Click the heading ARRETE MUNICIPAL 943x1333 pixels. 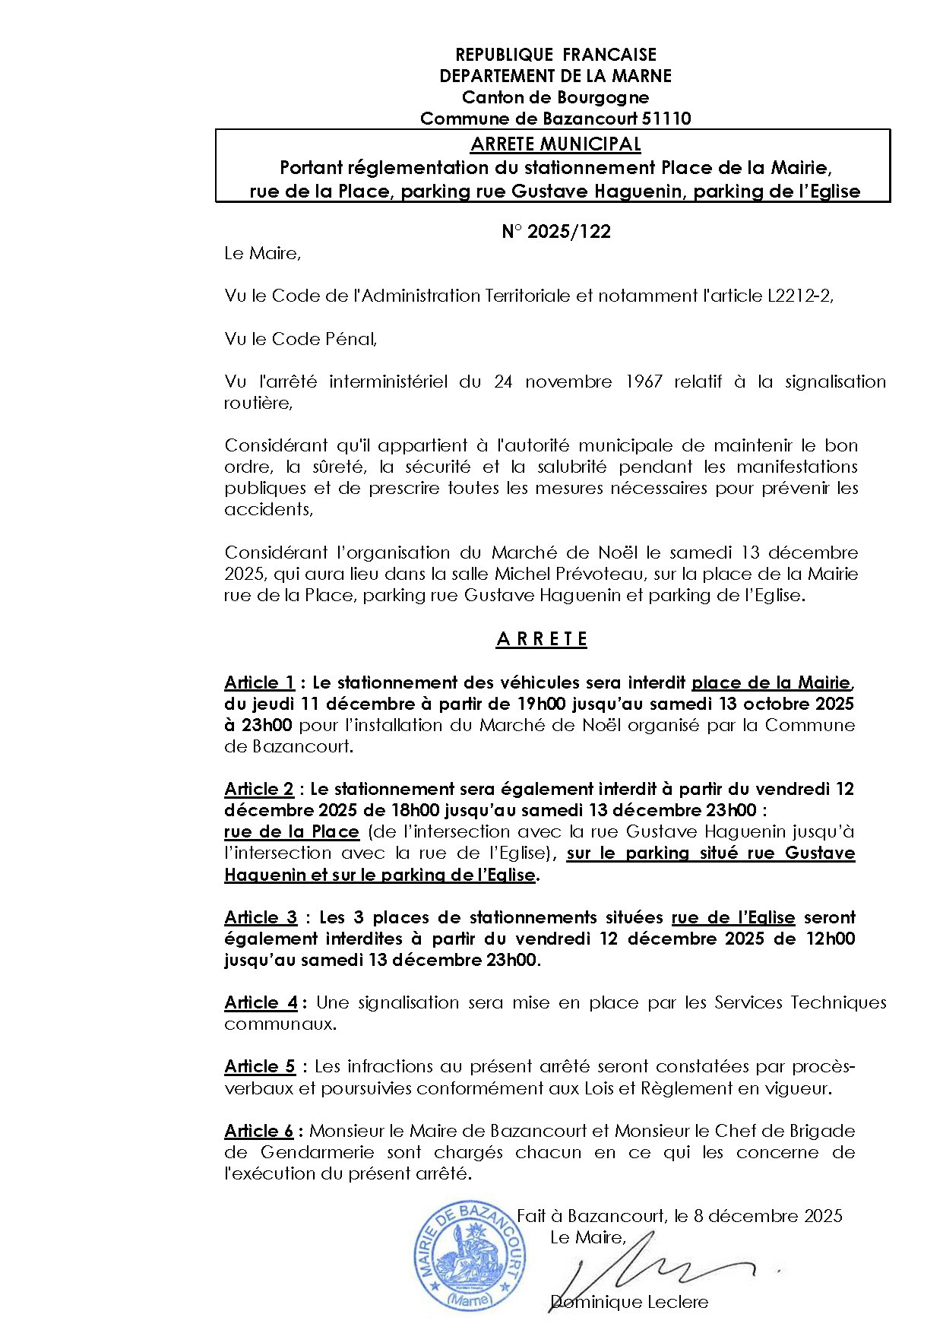(555, 144)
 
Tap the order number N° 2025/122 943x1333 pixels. (555, 232)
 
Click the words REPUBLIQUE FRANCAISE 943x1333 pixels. (555, 55)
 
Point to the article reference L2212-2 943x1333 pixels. (799, 296)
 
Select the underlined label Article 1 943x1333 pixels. (259, 682)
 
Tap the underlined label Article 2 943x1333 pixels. (258, 789)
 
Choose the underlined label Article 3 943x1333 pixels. (261, 917)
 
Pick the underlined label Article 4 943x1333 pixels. (261, 1002)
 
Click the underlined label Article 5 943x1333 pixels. (259, 1066)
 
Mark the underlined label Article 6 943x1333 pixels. (258, 1131)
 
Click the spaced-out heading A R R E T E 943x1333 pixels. (542, 639)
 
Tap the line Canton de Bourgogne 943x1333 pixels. (555, 97)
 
